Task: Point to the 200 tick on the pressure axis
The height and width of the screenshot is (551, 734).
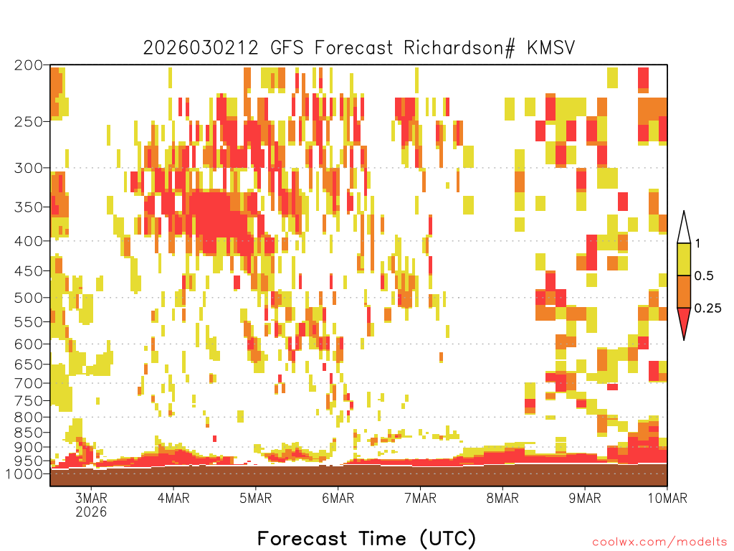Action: [29, 65]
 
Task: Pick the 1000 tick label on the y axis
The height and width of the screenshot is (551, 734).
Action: [26, 474]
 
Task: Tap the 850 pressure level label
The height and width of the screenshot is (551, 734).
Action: [29, 433]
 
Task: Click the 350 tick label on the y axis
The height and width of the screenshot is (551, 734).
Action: [29, 207]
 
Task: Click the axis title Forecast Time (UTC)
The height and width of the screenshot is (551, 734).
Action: [366, 538]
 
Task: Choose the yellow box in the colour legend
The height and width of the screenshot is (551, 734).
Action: [684, 260]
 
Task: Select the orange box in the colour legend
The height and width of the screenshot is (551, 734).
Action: [684, 292]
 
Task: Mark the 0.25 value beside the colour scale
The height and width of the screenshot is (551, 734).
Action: [707, 309]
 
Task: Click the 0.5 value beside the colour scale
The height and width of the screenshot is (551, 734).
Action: [704, 276]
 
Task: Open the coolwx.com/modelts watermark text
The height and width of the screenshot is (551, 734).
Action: [659, 542]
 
